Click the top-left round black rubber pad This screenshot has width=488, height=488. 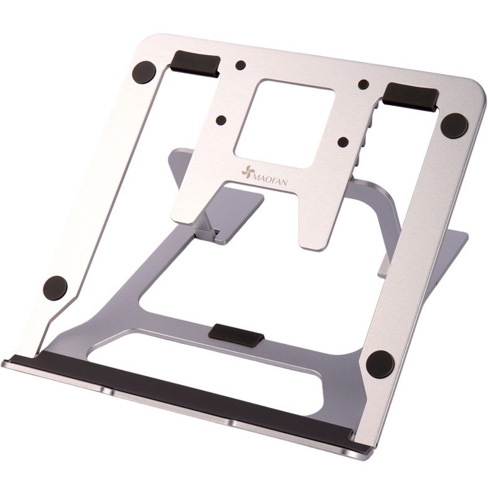144,72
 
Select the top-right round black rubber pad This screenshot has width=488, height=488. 454,126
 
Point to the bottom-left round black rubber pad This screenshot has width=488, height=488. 55,288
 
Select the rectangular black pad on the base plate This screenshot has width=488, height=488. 236,334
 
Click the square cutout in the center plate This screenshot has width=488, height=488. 285,124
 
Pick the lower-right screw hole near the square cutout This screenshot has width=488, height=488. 343,142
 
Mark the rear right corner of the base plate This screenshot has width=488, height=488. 461,238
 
